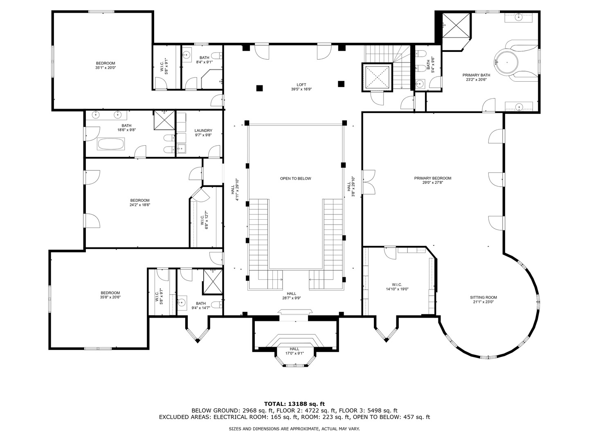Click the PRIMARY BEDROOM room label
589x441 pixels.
[432, 178]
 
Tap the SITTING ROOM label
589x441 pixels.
[483, 297]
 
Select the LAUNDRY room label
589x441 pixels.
[203, 131]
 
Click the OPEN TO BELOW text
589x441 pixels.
[295, 178]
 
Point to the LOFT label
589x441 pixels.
[301, 85]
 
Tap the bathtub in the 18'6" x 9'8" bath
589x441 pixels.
[111, 144]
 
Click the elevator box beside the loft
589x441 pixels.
[377, 77]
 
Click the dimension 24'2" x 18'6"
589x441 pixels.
[140, 205]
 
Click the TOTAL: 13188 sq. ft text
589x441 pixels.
[294, 404]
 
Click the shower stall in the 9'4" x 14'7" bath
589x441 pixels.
[213, 281]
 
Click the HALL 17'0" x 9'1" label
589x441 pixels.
[294, 351]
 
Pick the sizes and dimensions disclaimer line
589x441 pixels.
[294, 429]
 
